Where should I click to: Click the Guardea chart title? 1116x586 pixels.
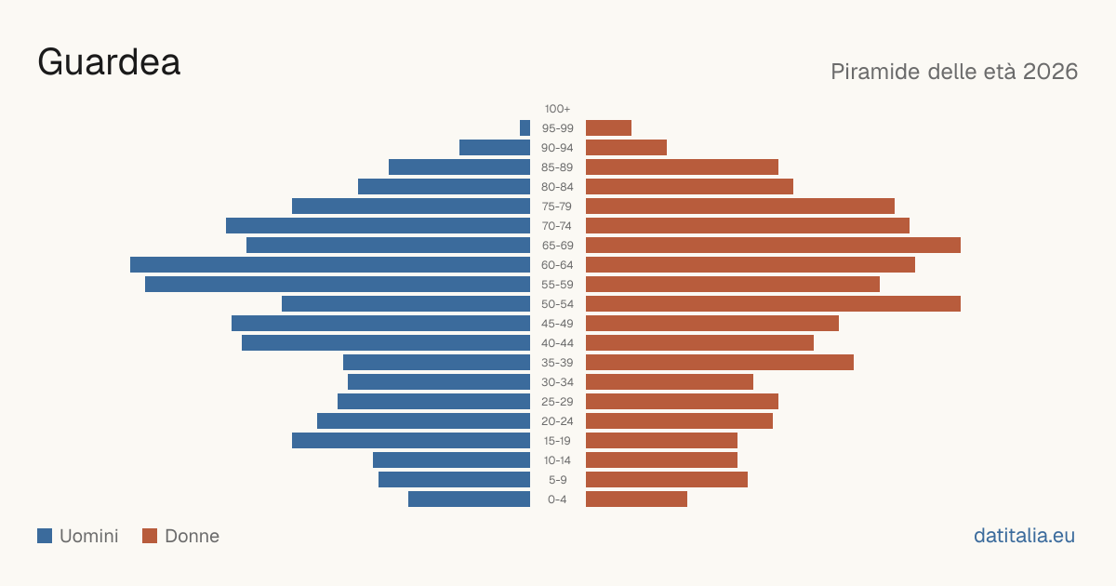point(109,62)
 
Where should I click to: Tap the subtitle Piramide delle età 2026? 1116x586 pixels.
point(954,72)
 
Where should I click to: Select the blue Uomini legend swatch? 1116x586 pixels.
point(45,536)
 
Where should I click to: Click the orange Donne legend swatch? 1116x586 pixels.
point(150,536)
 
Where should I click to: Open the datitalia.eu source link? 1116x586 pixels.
point(1024,536)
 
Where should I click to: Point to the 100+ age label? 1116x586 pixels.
point(557,109)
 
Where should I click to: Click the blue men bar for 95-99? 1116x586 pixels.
point(525,128)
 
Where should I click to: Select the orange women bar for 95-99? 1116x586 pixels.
point(608,128)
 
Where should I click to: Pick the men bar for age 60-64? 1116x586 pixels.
point(330,264)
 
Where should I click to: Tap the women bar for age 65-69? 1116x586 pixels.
point(773,246)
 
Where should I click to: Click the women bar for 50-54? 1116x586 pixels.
point(773,304)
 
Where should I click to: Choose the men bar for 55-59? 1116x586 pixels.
point(338,285)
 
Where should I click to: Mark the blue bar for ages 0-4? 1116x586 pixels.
point(469,499)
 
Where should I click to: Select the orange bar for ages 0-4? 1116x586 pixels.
point(636,499)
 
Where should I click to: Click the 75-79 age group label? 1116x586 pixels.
point(557,206)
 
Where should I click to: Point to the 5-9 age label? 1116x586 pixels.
point(557,480)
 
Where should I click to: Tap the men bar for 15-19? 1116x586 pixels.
point(411,441)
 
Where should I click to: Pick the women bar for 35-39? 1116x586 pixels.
point(720,362)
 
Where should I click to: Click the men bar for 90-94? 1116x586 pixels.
point(495,148)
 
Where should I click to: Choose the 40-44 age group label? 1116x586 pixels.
point(557,343)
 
